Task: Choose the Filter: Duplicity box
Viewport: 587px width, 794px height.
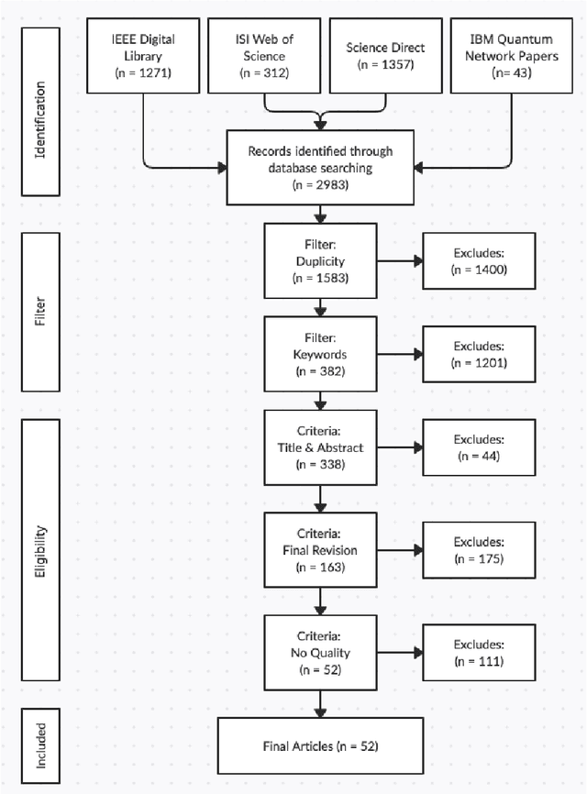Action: pos(320,259)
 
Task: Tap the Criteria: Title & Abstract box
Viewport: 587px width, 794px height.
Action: pos(320,447)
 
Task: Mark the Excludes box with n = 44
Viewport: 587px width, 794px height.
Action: pos(476,447)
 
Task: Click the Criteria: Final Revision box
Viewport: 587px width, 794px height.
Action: pos(320,549)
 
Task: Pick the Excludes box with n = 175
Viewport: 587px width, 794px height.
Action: pos(476,549)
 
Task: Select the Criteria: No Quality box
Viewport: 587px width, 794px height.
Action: pos(320,652)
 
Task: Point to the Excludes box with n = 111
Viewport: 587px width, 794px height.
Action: pos(476,652)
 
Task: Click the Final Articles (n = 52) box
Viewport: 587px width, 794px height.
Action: pos(320,745)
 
